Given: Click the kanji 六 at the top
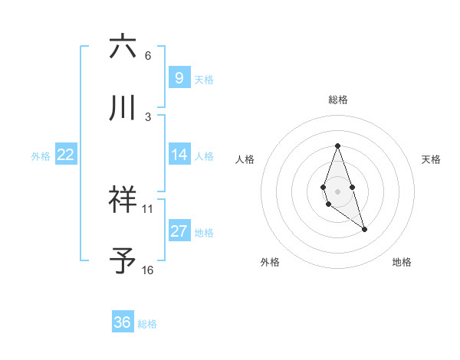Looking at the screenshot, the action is point(123,47).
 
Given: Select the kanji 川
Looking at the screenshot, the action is point(123,108).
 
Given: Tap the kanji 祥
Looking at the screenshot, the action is point(123,200).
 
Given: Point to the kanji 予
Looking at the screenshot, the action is point(123,261).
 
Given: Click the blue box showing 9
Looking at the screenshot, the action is point(179,77).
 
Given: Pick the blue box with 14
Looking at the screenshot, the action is point(179,155).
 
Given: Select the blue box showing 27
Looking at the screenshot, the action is point(179,231).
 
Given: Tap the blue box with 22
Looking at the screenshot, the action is point(65,155).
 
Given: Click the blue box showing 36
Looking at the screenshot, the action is point(122,322).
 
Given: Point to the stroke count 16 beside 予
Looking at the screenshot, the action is point(147,270).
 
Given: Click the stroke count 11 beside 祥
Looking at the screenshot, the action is point(147,208).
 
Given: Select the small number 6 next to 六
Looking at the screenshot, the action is point(147,56).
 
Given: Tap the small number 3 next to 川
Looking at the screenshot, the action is point(147,116).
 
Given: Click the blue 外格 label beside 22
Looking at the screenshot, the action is point(41,155).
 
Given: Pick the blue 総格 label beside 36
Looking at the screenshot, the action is point(147,324).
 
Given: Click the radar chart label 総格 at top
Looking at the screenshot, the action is point(337,100).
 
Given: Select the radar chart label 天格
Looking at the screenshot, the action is point(432,159).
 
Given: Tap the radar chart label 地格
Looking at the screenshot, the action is point(402,262).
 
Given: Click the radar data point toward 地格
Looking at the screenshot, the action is point(364,229).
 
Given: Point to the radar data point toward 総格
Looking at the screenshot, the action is point(337,146).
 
